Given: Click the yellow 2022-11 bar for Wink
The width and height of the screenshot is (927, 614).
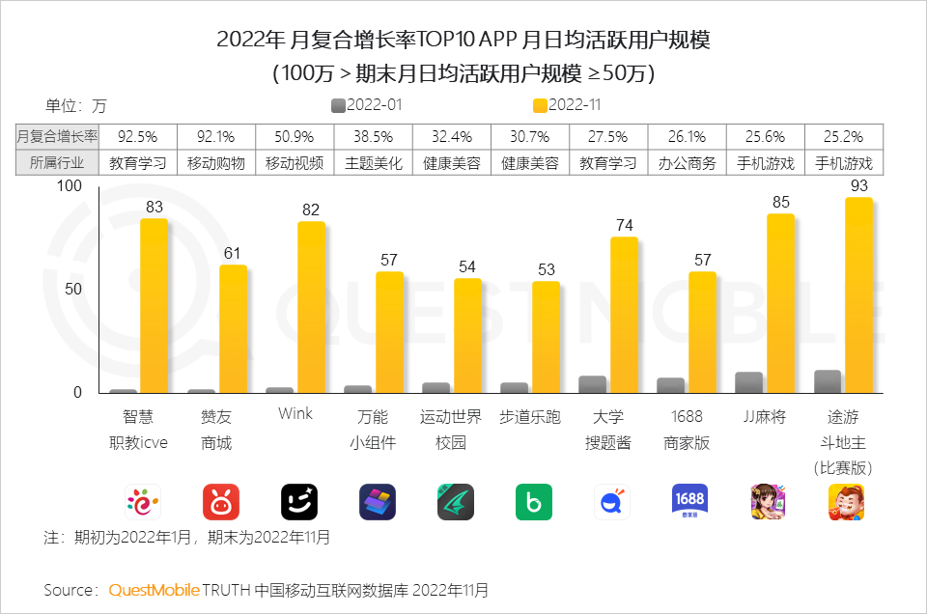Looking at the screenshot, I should coord(311,307).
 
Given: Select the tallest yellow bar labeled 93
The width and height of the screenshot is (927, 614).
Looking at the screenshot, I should coord(858,295).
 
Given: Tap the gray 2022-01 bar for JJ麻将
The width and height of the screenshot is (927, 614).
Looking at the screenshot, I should coord(748,382).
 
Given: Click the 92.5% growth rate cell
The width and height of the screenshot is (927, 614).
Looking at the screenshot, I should coord(137,136).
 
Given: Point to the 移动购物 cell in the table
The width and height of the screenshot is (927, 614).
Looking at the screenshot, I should coord(215,163).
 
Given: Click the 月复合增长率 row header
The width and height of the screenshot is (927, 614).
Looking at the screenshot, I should coord(57,136).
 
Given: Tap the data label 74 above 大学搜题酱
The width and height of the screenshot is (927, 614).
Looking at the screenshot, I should coord(624,225).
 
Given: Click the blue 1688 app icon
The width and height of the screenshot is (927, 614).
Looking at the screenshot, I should coord(689,501).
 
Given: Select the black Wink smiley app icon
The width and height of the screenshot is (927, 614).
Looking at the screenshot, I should coord(299,501).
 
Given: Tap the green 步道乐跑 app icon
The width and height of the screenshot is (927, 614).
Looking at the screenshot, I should coord(533,501).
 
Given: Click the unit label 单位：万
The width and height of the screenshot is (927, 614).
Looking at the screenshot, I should coord(75,105).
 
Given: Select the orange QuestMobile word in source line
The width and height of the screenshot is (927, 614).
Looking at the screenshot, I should coord(154,589).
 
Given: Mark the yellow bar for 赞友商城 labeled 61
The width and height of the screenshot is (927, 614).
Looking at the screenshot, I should coord(233,329).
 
